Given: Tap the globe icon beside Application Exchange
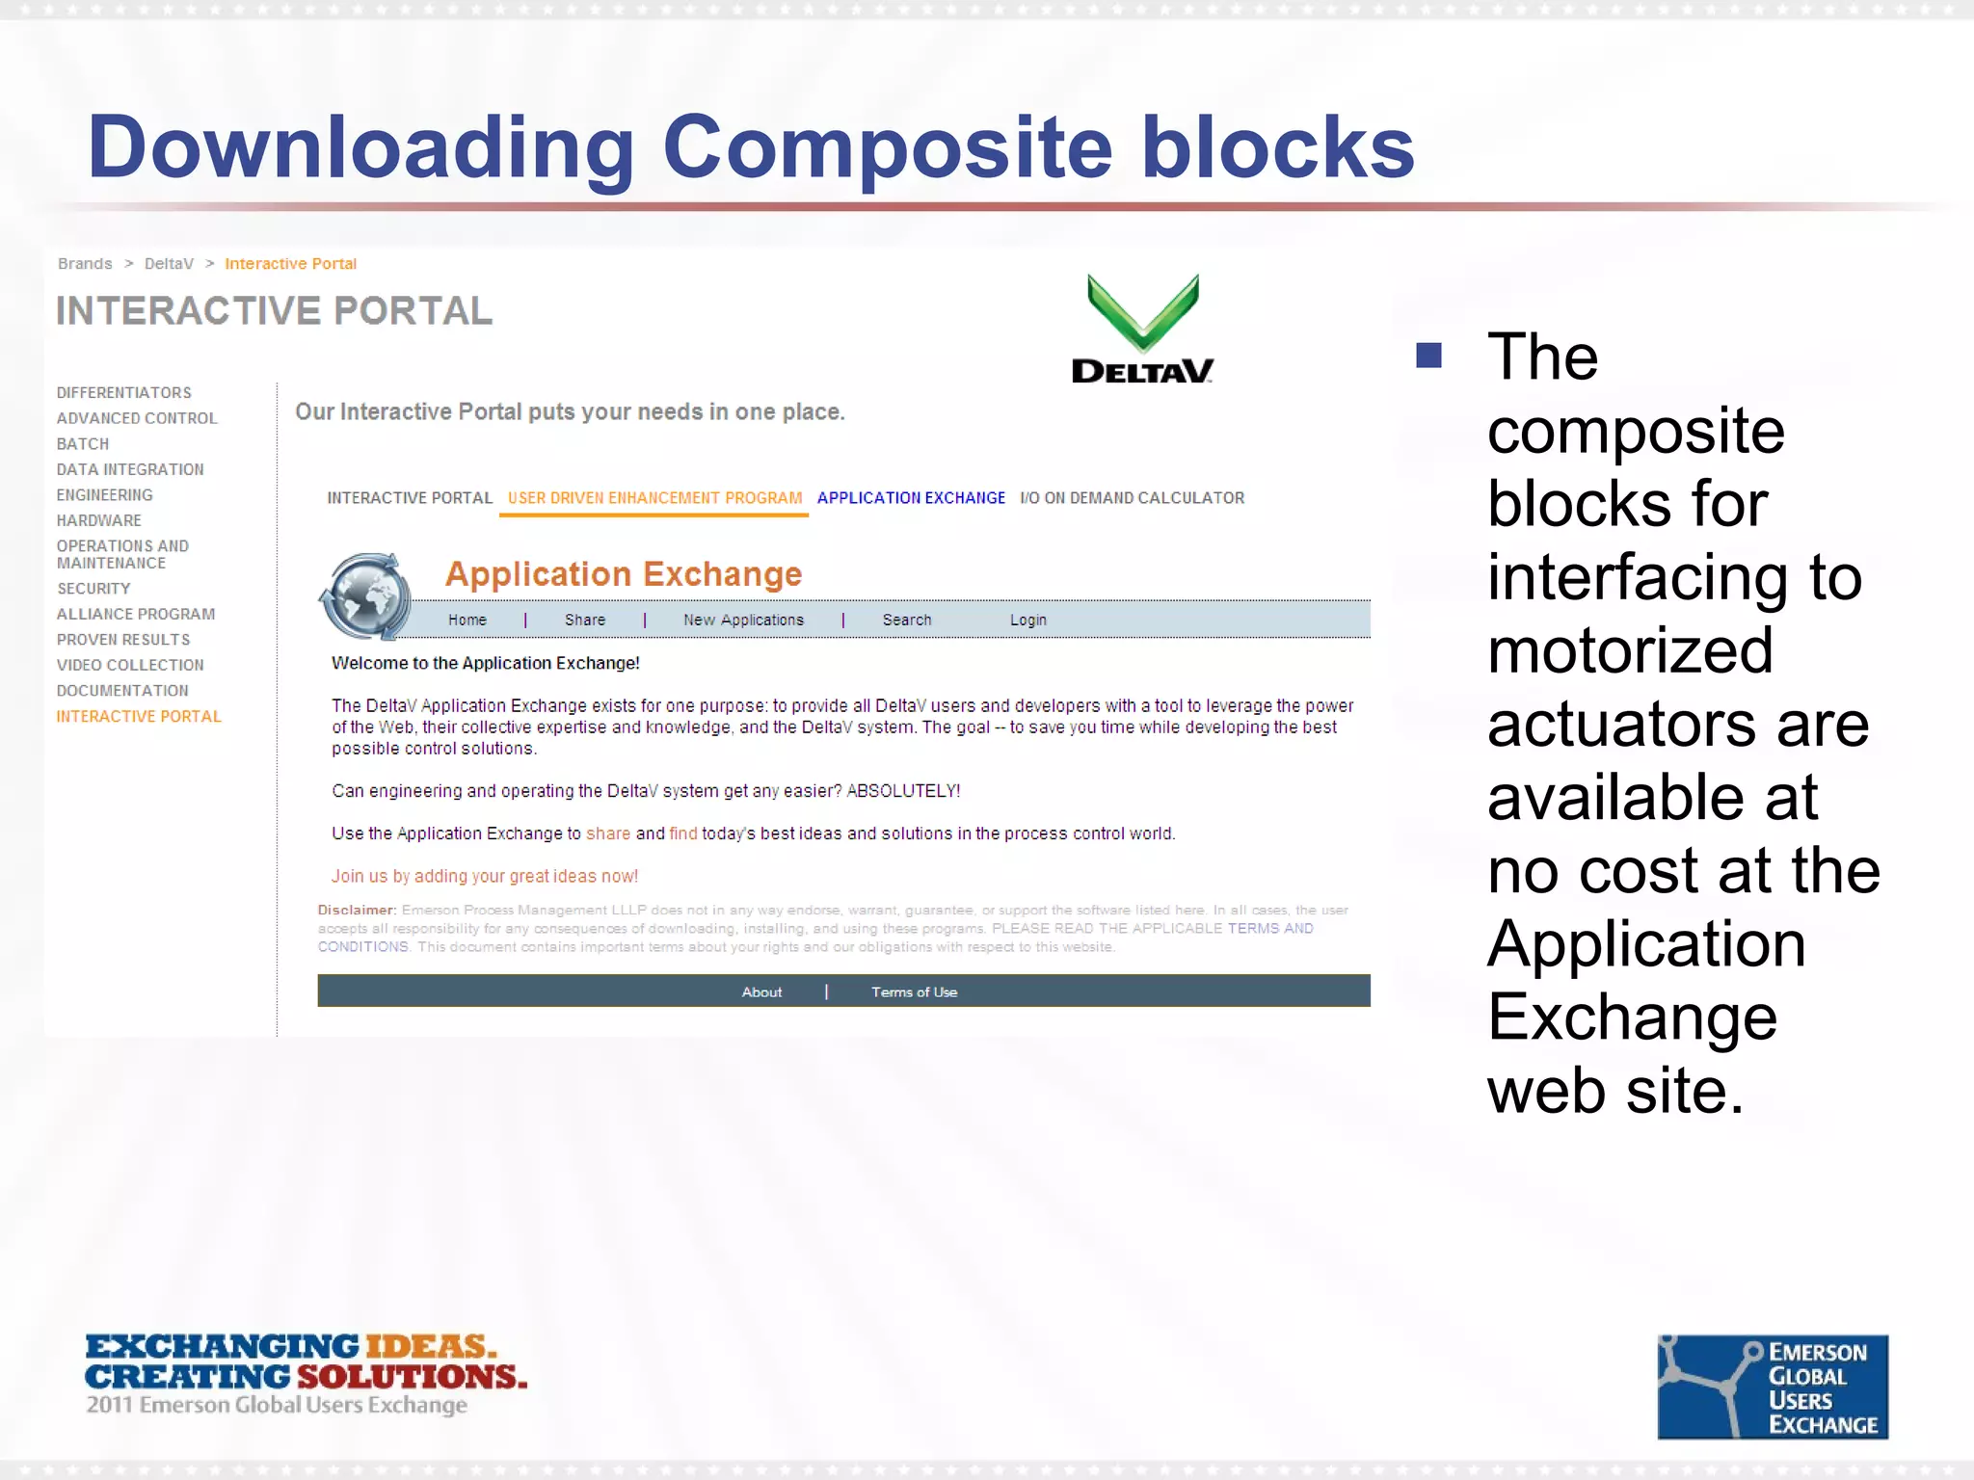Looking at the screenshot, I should coord(366,596).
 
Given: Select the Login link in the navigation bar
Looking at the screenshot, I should coord(1027,621).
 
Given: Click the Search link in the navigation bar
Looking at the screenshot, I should coord(907,621).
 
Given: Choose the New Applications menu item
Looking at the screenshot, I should coord(743,621).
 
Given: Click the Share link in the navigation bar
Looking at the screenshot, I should coord(585,621).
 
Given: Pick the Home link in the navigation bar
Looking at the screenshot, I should coord(467,621).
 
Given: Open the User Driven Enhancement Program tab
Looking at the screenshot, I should coord(654,498).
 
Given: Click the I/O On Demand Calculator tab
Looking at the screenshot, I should coord(1132,498).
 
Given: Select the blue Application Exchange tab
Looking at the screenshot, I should coord(911,498).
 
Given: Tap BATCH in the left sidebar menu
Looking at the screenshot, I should coord(83,444).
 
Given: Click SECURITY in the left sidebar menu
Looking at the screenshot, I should coord(93,589).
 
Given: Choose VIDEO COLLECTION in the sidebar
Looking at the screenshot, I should coord(130,666).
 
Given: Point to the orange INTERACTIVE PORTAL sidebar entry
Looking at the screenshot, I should coord(139,717).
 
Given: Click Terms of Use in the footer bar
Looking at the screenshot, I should coord(914,992).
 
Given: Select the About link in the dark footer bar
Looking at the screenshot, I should coord(761,992).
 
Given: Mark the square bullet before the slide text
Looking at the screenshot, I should coord(1428,356).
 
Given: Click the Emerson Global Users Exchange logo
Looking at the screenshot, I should coord(1772,1387).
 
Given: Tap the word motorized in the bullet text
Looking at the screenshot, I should coord(1629,650).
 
